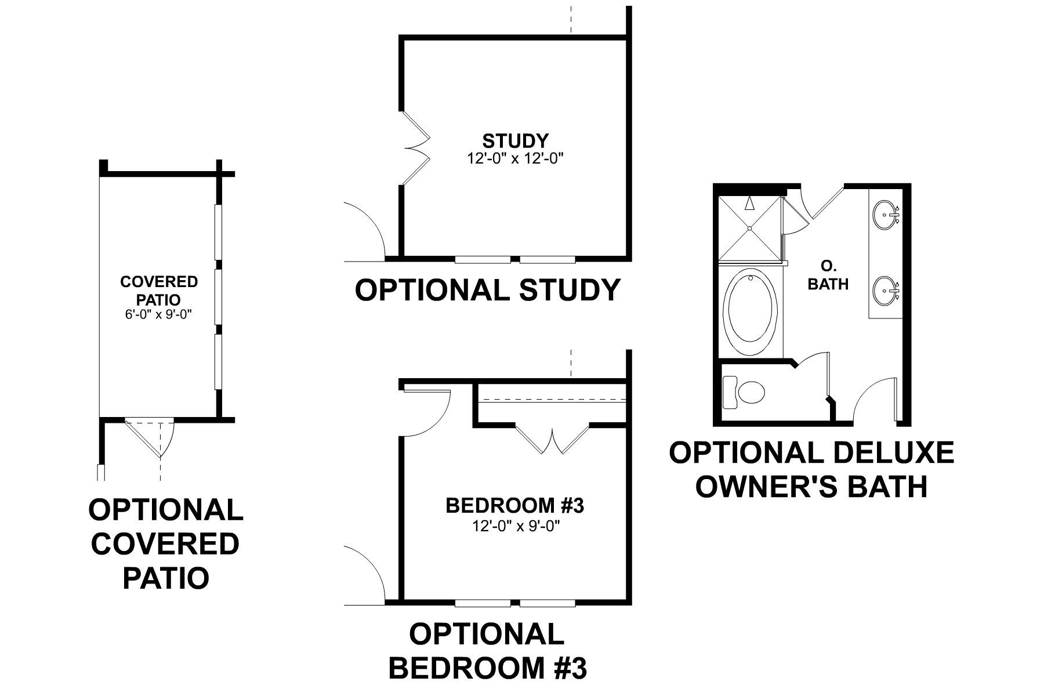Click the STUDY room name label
(x=515, y=141)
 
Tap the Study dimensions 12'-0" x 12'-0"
(x=515, y=158)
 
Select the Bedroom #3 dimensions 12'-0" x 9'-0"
(x=515, y=527)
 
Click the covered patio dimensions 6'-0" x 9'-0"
(x=158, y=315)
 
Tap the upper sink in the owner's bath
(x=886, y=213)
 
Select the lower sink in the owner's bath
(x=886, y=288)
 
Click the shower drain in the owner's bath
(x=750, y=229)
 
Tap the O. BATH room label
(x=828, y=275)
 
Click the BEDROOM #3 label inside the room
(x=515, y=506)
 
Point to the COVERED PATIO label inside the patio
(x=158, y=291)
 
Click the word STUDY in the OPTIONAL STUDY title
(x=570, y=290)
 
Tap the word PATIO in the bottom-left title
(x=166, y=578)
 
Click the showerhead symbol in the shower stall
(x=750, y=203)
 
